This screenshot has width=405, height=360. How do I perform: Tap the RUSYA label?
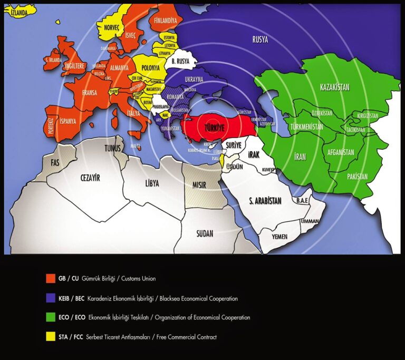(x=260, y=40)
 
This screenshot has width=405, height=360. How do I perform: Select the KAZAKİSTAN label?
(x=335, y=87)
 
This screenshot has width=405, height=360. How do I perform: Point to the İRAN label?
(x=299, y=156)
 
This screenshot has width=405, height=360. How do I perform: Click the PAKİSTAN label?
(x=357, y=177)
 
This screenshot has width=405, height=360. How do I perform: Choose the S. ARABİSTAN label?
(x=265, y=200)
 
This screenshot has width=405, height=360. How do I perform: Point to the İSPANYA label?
(x=67, y=121)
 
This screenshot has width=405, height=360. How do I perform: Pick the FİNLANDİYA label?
(x=165, y=21)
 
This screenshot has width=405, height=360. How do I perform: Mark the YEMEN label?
(x=279, y=237)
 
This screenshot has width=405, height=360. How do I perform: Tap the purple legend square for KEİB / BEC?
(x=51, y=298)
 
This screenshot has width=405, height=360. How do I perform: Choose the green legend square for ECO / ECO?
(x=51, y=317)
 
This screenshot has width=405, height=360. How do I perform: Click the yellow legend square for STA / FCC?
(x=51, y=337)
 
